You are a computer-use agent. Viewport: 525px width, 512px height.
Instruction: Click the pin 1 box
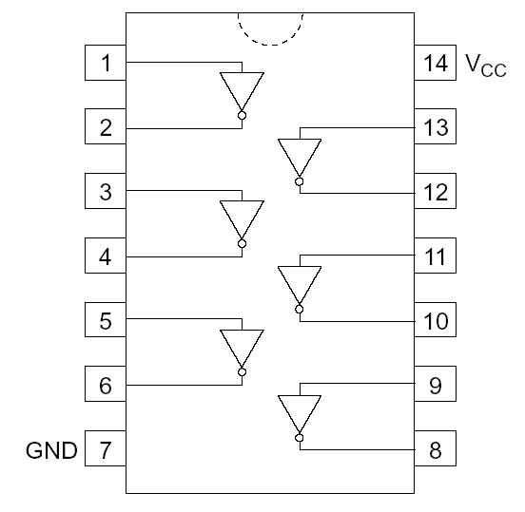coord(106,64)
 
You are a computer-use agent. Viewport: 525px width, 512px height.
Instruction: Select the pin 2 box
coord(106,127)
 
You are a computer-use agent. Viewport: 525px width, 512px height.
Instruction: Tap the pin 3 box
coord(106,192)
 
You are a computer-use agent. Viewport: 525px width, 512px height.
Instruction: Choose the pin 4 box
coord(106,256)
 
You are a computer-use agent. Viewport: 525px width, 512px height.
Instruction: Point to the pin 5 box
coord(106,321)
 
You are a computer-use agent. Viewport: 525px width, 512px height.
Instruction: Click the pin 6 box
coord(106,385)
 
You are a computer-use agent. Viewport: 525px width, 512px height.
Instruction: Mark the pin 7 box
coord(106,449)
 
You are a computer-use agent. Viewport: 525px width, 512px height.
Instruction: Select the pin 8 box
coord(435,449)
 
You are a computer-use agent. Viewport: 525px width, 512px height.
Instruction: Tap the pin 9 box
coord(435,385)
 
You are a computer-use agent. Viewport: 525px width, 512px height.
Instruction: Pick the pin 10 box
coord(435,321)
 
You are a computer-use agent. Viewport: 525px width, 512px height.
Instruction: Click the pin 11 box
coord(435,256)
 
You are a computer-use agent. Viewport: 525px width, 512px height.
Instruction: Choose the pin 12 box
coord(435,192)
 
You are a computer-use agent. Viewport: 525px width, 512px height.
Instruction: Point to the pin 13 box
coord(435,127)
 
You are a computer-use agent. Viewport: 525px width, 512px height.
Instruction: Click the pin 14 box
coord(435,64)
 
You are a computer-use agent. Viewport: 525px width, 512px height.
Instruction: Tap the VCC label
coord(486,65)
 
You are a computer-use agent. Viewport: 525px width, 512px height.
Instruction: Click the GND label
coord(51,450)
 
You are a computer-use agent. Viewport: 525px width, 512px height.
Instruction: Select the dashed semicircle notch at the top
coord(270,28)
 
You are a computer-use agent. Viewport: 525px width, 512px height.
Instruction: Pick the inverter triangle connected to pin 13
coord(300,155)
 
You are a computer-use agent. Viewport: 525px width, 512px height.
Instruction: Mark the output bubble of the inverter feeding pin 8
coord(300,437)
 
